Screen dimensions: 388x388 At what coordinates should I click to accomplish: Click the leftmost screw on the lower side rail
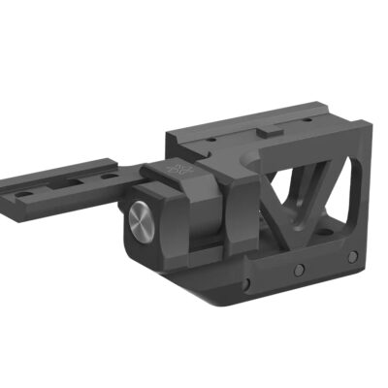tap(249, 284)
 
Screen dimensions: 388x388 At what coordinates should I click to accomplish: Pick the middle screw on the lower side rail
tap(299, 269)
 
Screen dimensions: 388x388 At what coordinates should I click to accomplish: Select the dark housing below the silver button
tap(155, 254)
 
